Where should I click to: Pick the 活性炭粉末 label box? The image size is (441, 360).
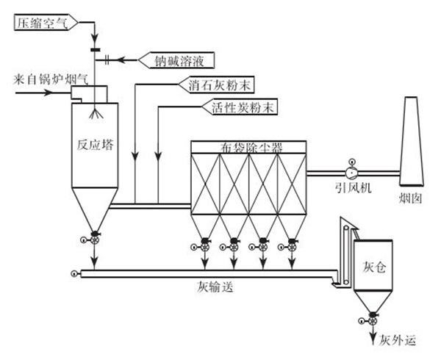(x=228, y=108)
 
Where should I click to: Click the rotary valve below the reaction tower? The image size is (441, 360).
(x=96, y=238)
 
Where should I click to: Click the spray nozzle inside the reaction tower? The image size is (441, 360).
(x=94, y=115)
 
